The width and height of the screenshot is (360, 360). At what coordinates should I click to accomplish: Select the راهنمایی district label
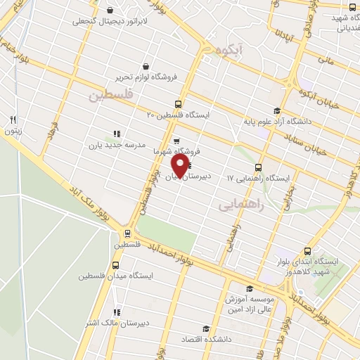click(x=240, y=204)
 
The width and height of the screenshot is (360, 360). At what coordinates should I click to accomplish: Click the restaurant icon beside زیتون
click(x=13, y=120)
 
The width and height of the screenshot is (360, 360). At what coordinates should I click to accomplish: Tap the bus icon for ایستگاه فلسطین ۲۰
click(x=178, y=104)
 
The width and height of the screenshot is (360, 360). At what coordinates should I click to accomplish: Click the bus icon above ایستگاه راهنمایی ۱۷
click(x=259, y=167)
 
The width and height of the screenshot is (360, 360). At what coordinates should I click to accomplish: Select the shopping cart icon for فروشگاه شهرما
click(x=176, y=141)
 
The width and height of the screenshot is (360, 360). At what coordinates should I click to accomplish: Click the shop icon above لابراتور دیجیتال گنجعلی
click(x=110, y=11)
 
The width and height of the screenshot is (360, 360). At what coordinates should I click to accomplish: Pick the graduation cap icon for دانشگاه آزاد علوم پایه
click(x=276, y=110)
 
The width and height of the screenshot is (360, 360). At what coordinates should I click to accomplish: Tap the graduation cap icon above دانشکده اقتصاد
click(x=206, y=328)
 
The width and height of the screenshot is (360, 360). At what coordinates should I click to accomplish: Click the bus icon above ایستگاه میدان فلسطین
click(x=116, y=266)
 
